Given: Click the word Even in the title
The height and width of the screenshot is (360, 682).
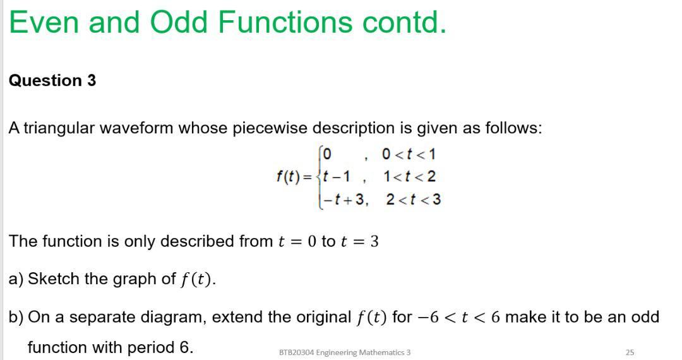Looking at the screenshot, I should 43,23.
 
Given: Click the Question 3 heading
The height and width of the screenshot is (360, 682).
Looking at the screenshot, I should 52,81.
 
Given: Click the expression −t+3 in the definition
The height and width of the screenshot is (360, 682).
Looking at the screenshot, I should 345,200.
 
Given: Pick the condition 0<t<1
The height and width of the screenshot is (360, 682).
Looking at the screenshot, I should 409,154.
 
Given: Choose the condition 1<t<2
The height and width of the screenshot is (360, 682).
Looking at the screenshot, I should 409,176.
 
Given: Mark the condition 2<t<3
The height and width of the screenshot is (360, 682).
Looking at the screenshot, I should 413,200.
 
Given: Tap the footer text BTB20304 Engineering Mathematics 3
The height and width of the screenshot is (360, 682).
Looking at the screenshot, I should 344,352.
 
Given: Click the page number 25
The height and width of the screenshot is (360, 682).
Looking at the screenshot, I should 629,352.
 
